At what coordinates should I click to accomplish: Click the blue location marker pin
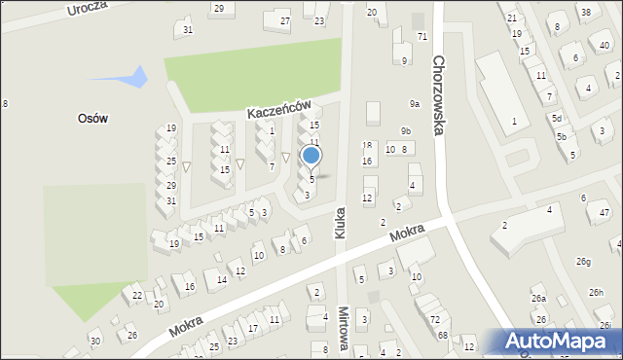(x=311, y=156)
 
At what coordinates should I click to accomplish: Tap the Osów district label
(x=92, y=118)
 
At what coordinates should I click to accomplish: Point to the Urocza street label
(x=86, y=10)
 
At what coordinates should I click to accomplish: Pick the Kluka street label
(x=342, y=220)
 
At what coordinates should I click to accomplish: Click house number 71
(x=421, y=36)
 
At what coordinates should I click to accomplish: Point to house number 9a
(x=415, y=104)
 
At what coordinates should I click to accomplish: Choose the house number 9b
(x=405, y=131)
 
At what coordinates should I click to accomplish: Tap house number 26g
(x=583, y=262)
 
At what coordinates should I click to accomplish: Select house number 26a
(x=538, y=299)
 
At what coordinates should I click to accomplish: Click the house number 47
(x=605, y=212)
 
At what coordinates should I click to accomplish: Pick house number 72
(x=434, y=319)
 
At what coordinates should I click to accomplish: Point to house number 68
(x=442, y=336)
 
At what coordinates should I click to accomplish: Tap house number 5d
(x=557, y=119)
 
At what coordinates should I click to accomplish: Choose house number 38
(x=583, y=12)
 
